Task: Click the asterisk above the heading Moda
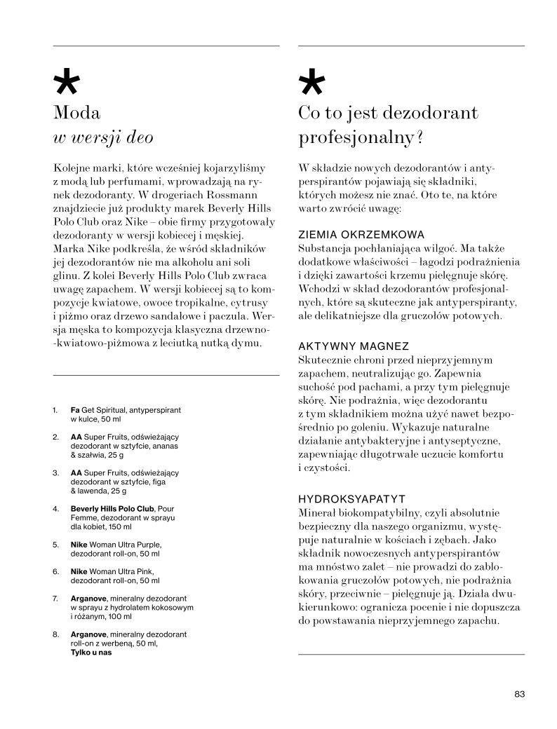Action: (x=67, y=83)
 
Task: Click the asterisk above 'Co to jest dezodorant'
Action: (x=311, y=83)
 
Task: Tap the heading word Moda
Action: (x=77, y=112)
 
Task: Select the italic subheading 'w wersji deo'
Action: (x=103, y=137)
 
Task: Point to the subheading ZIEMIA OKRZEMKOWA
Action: (x=362, y=235)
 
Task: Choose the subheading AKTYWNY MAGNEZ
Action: (x=353, y=347)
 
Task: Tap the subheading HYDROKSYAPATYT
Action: (x=352, y=499)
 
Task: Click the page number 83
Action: (x=519, y=694)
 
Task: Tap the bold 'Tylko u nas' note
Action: (x=91, y=652)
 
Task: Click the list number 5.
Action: (x=55, y=544)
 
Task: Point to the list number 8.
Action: (x=55, y=634)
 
